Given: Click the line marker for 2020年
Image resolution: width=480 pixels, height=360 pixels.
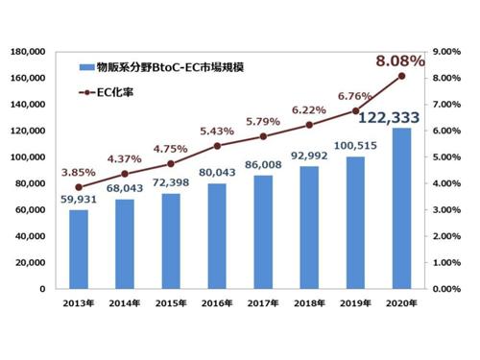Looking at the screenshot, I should pyautogui.click(x=402, y=76).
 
